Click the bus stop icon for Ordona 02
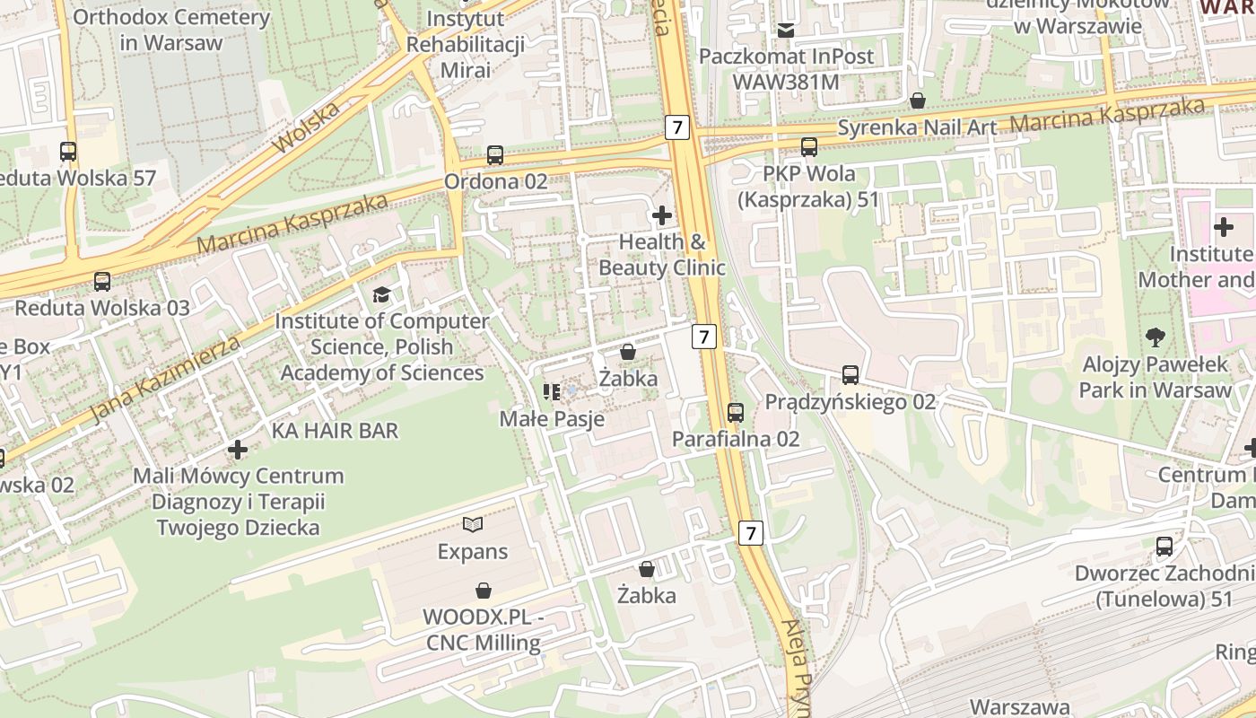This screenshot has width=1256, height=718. click(495, 155)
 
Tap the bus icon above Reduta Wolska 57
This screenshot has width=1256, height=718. click(68, 152)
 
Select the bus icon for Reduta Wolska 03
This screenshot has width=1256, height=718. click(102, 282)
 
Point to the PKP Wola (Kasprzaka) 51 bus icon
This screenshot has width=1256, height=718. click(809, 147)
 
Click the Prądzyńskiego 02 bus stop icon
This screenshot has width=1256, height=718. click(850, 375)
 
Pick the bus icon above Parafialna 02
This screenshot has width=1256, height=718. click(736, 413)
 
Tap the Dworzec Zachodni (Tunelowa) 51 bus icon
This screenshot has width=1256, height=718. click(1164, 547)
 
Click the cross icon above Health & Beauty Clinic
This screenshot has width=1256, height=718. click(662, 215)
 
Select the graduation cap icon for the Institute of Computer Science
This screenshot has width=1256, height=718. click(382, 294)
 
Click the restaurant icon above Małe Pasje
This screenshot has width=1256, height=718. click(551, 392)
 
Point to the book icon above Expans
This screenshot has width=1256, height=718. click(473, 524)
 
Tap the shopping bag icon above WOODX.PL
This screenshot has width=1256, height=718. click(484, 591)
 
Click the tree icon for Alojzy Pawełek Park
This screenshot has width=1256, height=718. click(1156, 338)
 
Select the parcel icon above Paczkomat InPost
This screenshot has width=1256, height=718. click(787, 30)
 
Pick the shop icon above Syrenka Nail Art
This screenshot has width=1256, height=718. click(917, 101)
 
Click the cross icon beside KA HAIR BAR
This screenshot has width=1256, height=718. click(238, 449)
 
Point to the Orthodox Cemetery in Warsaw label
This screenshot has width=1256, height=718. click(170, 30)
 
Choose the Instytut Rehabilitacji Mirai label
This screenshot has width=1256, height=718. click(465, 44)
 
